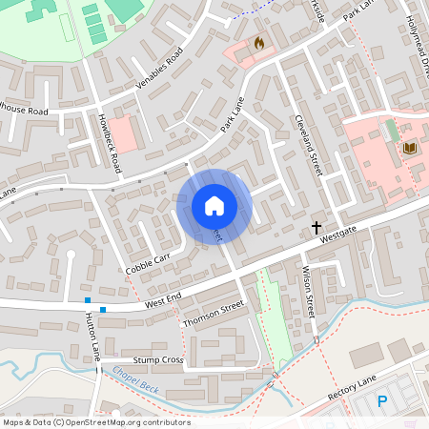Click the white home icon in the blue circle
point(214,205)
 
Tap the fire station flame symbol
point(259,43)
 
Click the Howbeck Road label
point(111,143)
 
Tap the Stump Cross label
point(158,360)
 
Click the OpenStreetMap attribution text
point(96,422)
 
